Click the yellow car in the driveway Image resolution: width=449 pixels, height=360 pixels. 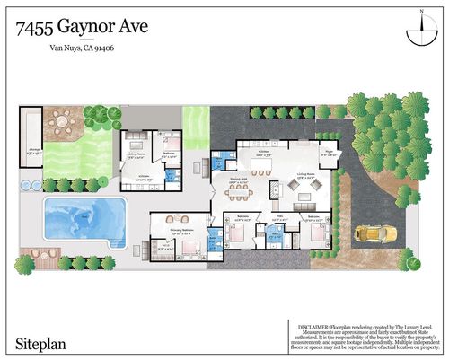tap(369, 233)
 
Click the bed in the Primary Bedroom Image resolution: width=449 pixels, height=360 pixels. tap(187, 245)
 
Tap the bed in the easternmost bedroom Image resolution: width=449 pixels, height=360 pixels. tap(316, 238)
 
